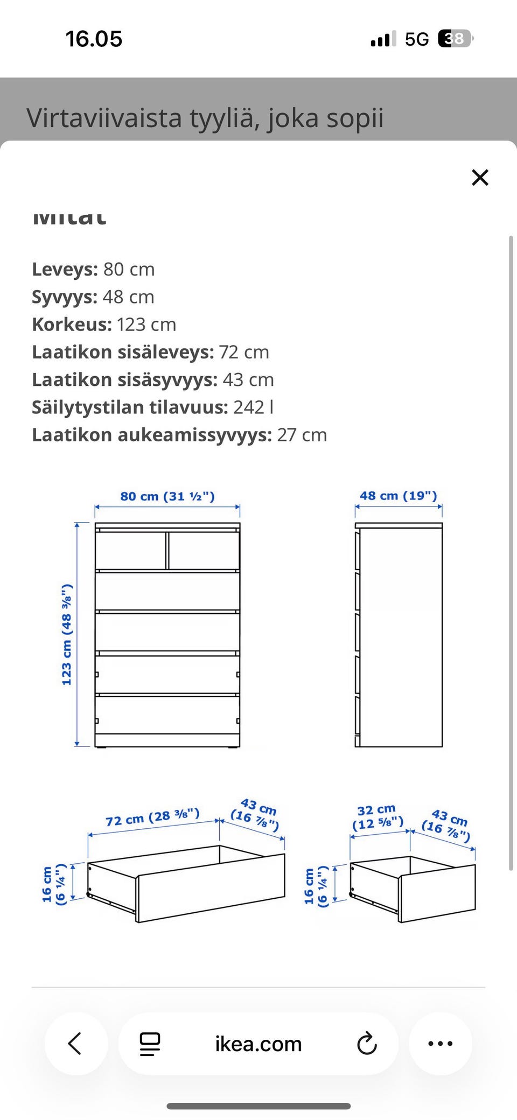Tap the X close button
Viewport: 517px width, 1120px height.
[x=479, y=177]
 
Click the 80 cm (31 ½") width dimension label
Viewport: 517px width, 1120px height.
[x=167, y=496]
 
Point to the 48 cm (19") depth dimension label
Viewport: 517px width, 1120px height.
[x=398, y=496]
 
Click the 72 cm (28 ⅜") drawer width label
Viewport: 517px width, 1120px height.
[x=152, y=817]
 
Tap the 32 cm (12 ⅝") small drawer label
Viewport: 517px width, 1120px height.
[x=377, y=817]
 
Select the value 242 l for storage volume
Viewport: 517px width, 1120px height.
[x=253, y=407]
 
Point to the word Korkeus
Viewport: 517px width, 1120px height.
[x=71, y=325]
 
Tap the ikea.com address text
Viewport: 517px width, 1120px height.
[x=258, y=1044]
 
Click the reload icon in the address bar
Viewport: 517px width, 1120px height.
[x=367, y=1044]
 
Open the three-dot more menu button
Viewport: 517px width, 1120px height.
[x=440, y=1044]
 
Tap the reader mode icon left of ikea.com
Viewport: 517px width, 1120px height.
[x=150, y=1044]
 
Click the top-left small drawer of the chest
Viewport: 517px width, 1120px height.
[x=131, y=550]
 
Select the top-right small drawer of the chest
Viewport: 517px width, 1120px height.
[x=204, y=550]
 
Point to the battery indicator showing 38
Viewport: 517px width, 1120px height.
[x=455, y=39]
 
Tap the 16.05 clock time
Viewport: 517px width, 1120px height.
[x=94, y=39]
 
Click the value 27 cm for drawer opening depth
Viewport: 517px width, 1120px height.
[x=302, y=435]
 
